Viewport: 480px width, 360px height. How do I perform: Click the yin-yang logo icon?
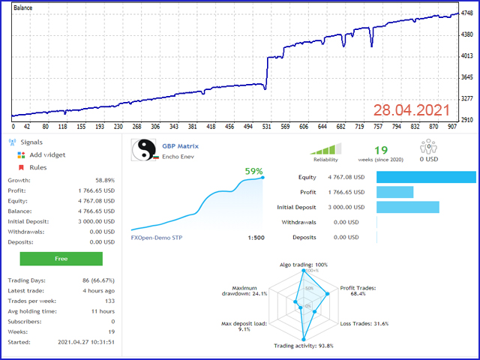pos(142,151)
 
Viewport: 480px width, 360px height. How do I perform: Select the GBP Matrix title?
pos(181,146)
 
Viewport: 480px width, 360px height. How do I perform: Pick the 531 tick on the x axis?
pos(266,127)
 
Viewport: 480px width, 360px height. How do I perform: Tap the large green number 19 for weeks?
pos(381,150)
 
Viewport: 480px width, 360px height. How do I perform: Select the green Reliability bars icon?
pos(325,148)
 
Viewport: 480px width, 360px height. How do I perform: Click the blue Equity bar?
pos(426,177)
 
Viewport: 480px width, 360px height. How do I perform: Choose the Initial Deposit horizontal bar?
pos(407,207)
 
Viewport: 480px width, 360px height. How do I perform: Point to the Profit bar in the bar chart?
pos(394,192)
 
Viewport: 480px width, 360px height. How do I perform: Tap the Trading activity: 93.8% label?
pos(304,346)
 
